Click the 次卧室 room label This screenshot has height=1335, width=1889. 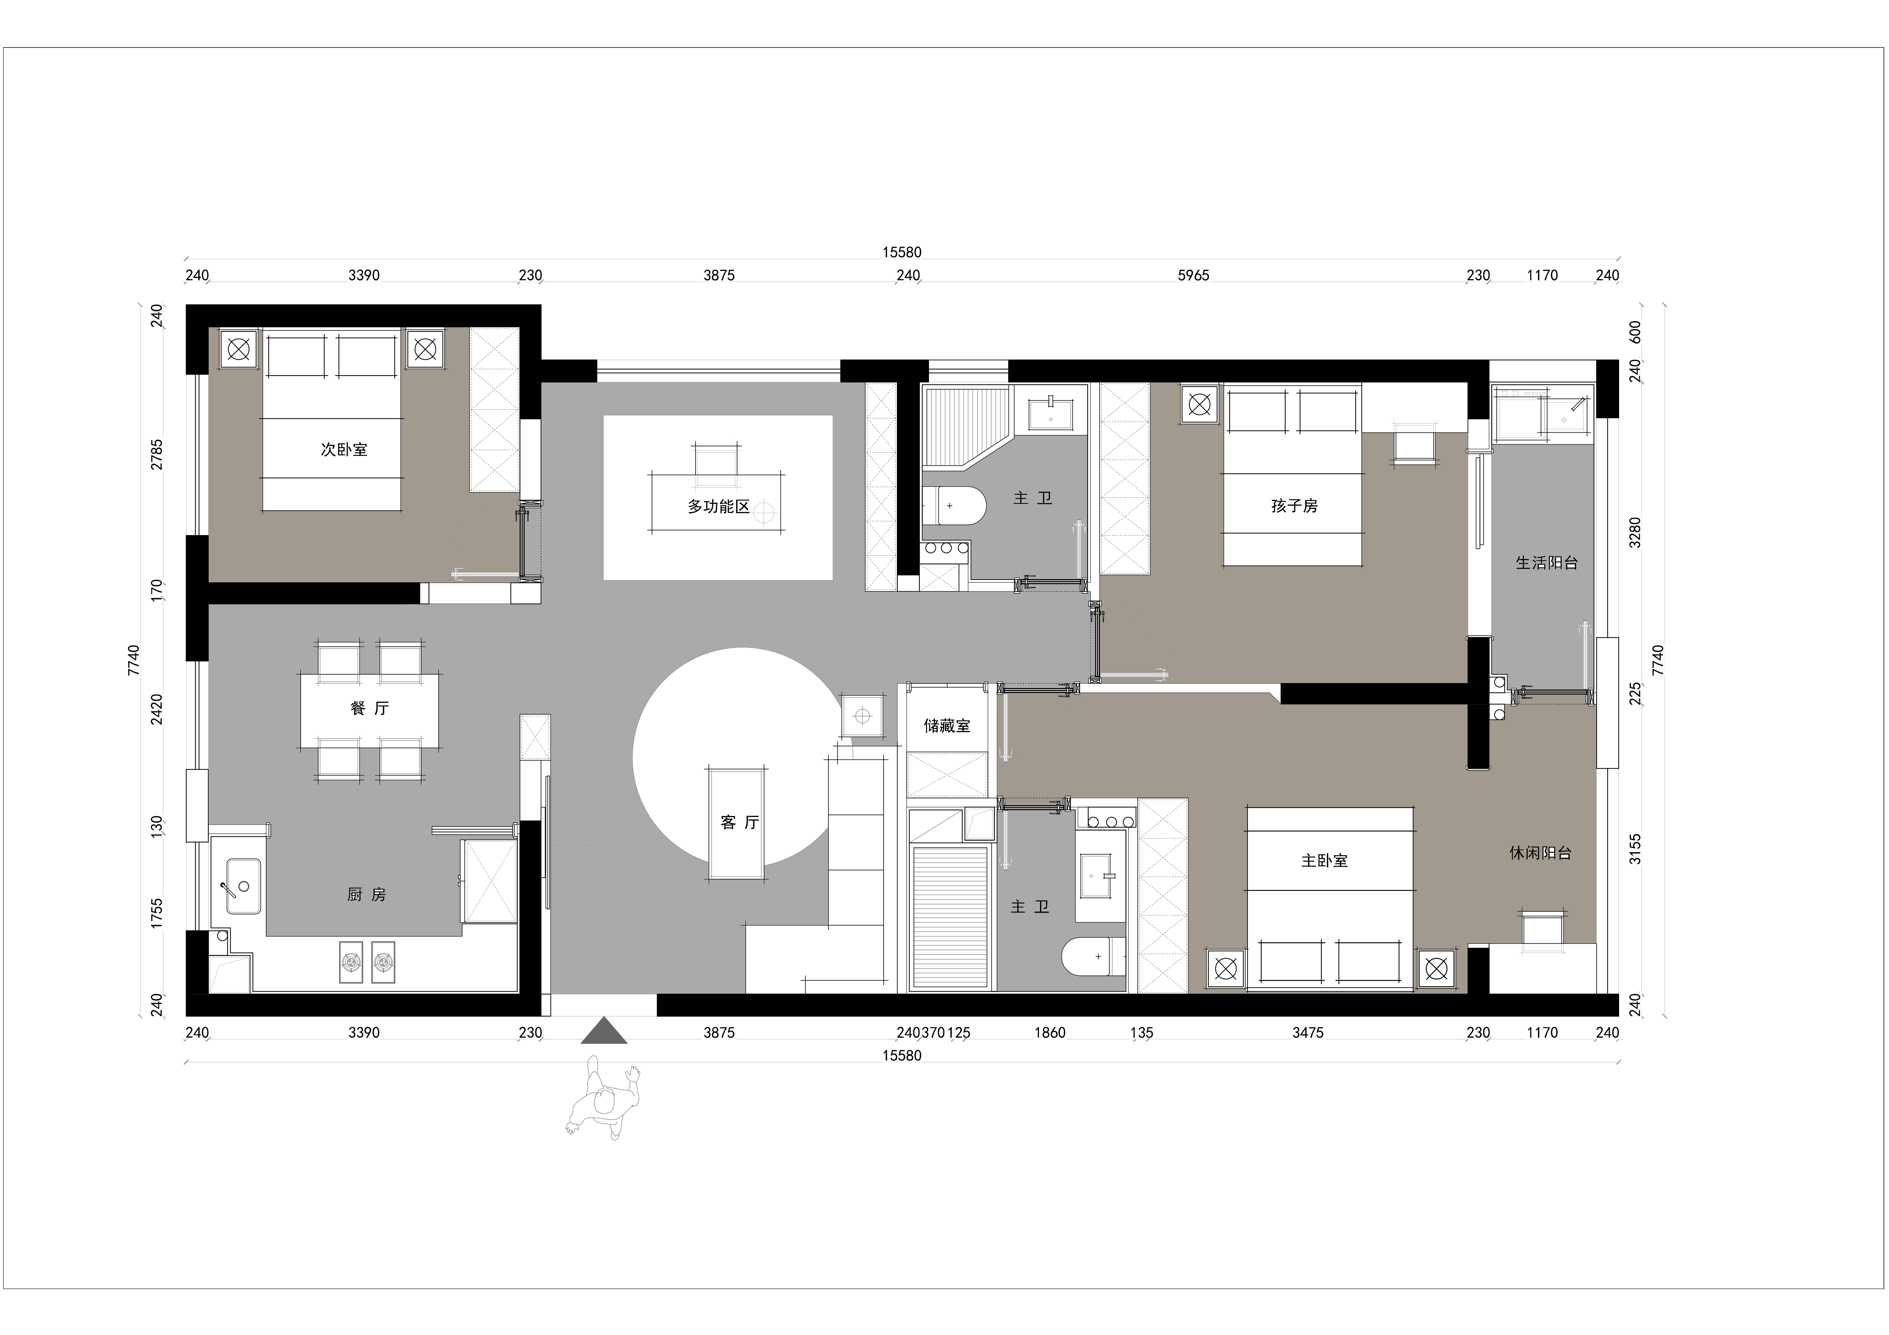pyautogui.click(x=344, y=450)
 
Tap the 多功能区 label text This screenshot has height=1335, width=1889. pyautogui.click(x=719, y=507)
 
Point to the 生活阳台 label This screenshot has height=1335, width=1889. pyautogui.click(x=1547, y=562)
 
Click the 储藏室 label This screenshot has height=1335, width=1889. pyautogui.click(x=947, y=725)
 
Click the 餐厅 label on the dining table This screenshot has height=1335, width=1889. pyautogui.click(x=369, y=708)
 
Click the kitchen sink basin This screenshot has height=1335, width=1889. pyautogui.click(x=244, y=887)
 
